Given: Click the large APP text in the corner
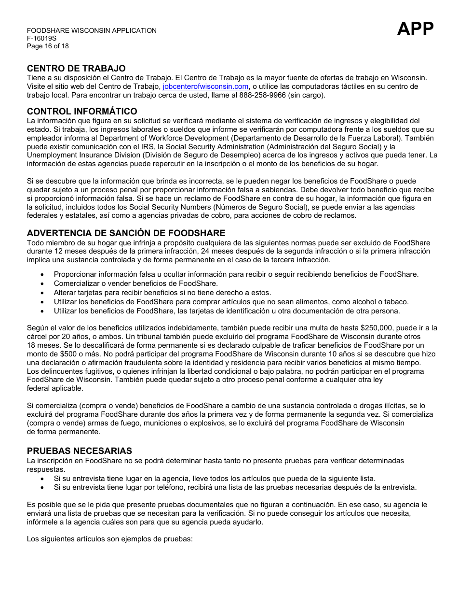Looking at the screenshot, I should click(x=415, y=29).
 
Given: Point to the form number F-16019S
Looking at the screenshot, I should click(x=43, y=39).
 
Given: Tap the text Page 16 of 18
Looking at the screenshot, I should click(x=48, y=46).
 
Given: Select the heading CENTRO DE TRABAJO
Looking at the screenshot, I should click(x=76, y=69).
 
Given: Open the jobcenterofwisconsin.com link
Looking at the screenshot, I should click(x=206, y=86).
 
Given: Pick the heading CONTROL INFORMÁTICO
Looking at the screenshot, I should click(x=82, y=112).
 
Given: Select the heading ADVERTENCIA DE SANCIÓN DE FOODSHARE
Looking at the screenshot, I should click(x=126, y=233).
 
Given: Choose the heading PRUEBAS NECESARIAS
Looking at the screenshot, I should click(x=79, y=451).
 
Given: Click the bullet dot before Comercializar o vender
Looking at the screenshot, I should click(x=43, y=284).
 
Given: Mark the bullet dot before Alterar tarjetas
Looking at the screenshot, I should click(x=43, y=293).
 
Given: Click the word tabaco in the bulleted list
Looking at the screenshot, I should click(x=397, y=302).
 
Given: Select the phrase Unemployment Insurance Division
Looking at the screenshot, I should click(x=80, y=155).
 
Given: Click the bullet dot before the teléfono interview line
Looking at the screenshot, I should click(x=43, y=487).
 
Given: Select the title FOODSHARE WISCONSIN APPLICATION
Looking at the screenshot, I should click(x=92, y=30).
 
